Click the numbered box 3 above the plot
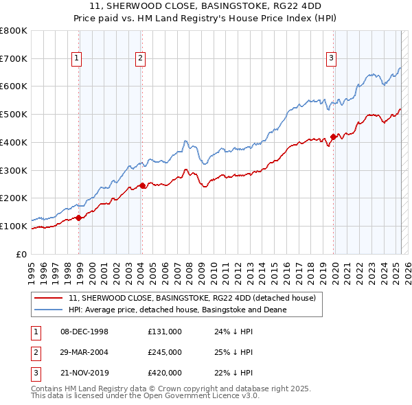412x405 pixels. click(x=331, y=59)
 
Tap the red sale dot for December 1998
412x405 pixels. click(x=79, y=218)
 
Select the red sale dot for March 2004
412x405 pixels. click(x=142, y=185)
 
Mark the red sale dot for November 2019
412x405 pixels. click(x=333, y=137)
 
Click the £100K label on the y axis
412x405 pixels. click(x=14, y=226)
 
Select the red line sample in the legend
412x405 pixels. click(x=49, y=299)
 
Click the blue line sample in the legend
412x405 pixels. click(x=49, y=310)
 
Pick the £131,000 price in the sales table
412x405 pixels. click(x=165, y=332)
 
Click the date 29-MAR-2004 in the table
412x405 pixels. click(x=84, y=353)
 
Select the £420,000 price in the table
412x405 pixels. click(x=165, y=374)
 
